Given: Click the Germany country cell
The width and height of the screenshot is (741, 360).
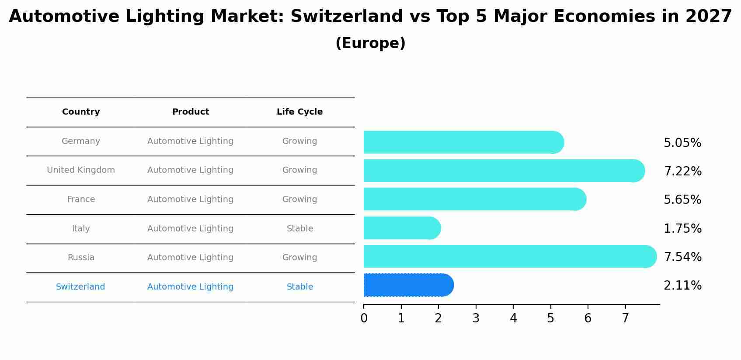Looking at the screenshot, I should click(81, 141).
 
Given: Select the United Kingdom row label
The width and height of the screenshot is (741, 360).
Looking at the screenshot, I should click(81, 170).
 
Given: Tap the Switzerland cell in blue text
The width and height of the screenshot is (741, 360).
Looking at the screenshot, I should click(80, 287).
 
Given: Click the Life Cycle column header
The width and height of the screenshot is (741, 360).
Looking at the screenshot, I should click(299, 112).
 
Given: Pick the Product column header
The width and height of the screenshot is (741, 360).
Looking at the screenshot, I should click(190, 112).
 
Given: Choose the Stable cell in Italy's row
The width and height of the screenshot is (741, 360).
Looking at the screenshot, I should click(299, 229).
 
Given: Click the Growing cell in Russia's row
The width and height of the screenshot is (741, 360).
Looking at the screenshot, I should click(299, 258).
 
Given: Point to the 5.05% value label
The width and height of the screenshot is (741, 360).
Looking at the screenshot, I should click(682, 143).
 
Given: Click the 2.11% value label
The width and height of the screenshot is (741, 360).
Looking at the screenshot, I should click(682, 286).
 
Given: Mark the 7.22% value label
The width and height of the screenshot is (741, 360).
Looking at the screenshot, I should click(682, 171).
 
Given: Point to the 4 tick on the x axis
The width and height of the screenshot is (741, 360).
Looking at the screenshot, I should click(513, 318).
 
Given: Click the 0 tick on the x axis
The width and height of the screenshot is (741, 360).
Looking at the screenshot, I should click(364, 318).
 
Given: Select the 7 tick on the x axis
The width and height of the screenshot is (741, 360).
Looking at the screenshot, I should click(625, 318).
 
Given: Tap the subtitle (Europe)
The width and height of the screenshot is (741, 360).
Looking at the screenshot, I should click(370, 43).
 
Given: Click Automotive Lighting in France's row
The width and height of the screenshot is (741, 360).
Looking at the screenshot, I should click(190, 199).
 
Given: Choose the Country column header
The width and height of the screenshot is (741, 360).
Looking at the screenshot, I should click(81, 112).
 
